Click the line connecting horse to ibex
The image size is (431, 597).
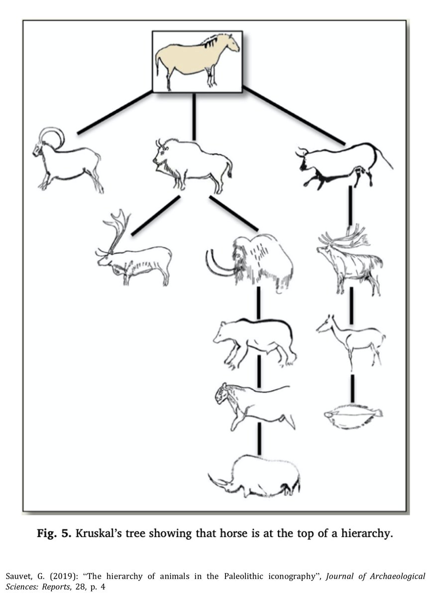(114, 113)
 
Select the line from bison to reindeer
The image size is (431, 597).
(155, 216)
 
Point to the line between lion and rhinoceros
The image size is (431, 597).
(259, 438)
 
